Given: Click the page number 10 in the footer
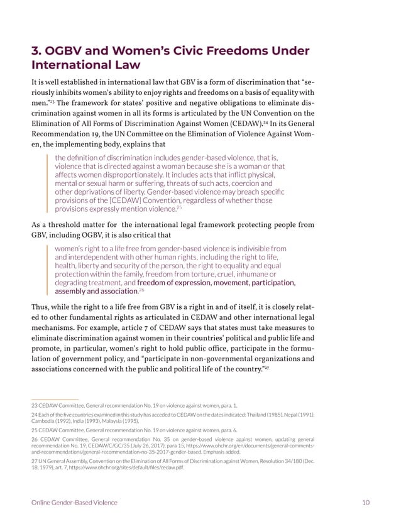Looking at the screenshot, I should (x=365, y=503).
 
